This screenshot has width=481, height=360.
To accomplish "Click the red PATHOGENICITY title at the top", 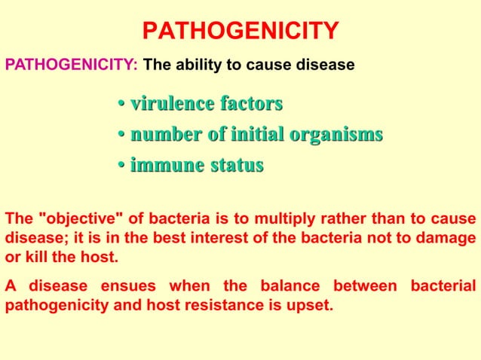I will point(240,32).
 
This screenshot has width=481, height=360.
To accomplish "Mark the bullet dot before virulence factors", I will point(121,104).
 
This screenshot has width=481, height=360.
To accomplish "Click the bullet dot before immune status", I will point(121,165).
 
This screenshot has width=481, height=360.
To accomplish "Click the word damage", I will point(448,238).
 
